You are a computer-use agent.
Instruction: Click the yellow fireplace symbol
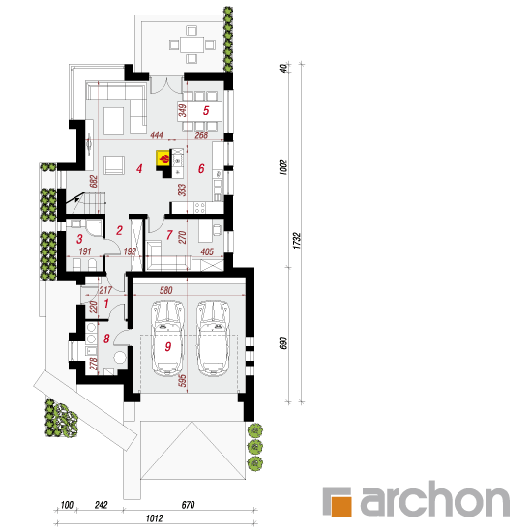pyautogui.click(x=163, y=158)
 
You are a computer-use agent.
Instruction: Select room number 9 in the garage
pyautogui.click(x=168, y=346)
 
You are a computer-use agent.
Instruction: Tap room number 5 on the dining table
pyautogui.click(x=206, y=110)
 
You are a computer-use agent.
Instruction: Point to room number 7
pyautogui.click(x=169, y=235)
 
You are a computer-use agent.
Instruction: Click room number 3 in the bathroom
pyautogui.click(x=79, y=239)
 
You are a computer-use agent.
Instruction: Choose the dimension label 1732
pyautogui.click(x=297, y=241)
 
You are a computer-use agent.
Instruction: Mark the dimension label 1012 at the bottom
pyautogui.click(x=155, y=518)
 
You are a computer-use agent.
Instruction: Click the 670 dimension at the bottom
pyautogui.click(x=188, y=505)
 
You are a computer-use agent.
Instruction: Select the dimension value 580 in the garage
pyautogui.click(x=166, y=290)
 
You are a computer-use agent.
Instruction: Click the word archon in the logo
pyautogui.click(x=435, y=499)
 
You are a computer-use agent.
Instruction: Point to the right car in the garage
pyautogui.click(x=213, y=338)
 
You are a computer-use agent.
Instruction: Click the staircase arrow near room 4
pyautogui.click(x=75, y=198)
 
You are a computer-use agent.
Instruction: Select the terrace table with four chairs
pyautogui.click(x=192, y=44)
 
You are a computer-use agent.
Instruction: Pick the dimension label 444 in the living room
pyautogui.click(x=157, y=135)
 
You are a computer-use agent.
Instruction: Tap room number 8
pyautogui.click(x=106, y=339)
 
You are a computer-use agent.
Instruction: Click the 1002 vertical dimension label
pyautogui.click(x=284, y=167)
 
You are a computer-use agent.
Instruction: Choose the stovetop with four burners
pyautogui.click(x=199, y=207)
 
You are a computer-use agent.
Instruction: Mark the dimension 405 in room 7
pyautogui.click(x=207, y=251)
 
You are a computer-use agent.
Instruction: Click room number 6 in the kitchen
pyautogui.click(x=201, y=168)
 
